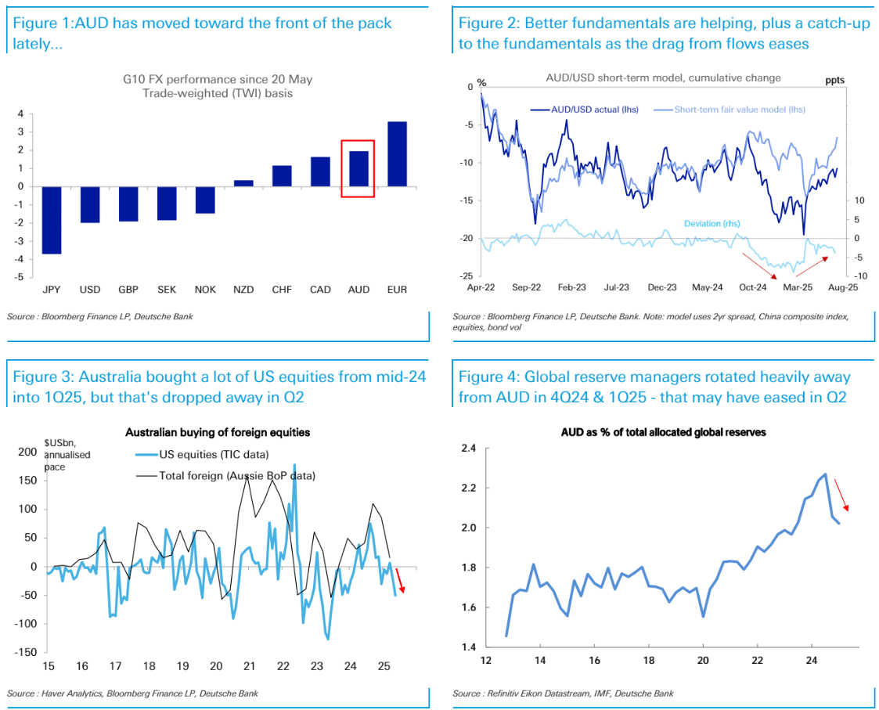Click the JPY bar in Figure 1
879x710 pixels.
click(52, 220)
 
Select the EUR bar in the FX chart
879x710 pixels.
click(397, 153)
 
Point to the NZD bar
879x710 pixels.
click(243, 183)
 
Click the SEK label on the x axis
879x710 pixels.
click(167, 289)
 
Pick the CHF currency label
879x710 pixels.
click(282, 289)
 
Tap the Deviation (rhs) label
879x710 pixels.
click(714, 223)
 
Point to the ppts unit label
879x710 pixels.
click(835, 80)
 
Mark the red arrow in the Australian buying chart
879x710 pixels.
click(399, 580)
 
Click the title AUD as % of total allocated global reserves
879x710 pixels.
click(663, 432)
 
